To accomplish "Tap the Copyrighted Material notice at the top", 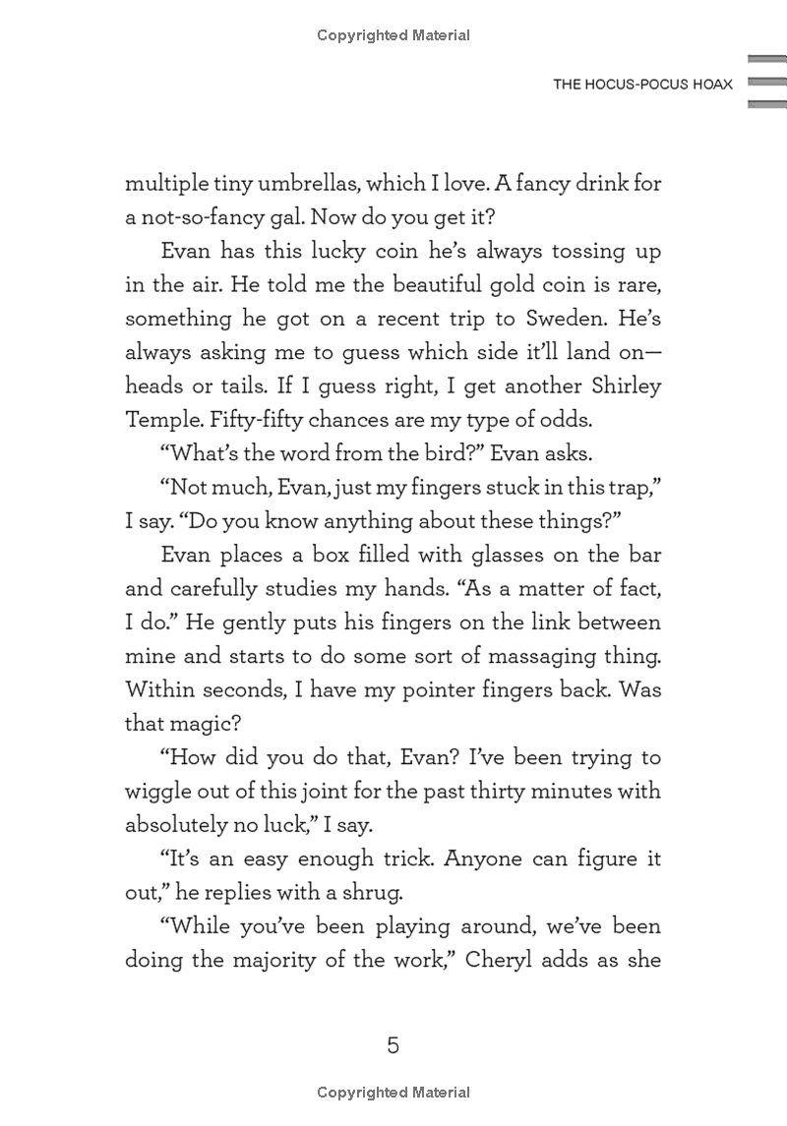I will click(x=393, y=36).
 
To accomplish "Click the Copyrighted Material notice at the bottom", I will click(x=393, y=1093).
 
